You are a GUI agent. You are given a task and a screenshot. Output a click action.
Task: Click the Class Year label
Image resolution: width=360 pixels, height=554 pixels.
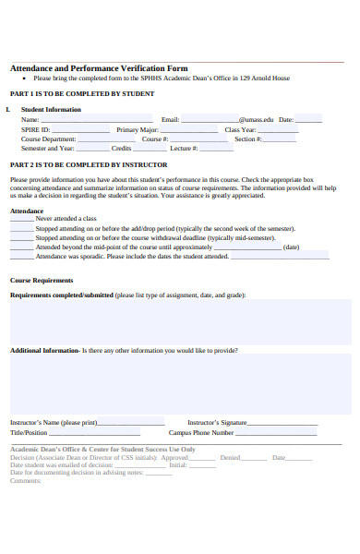click(x=241, y=130)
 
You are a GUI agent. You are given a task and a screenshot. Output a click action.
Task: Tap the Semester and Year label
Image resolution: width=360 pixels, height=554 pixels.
click(x=47, y=148)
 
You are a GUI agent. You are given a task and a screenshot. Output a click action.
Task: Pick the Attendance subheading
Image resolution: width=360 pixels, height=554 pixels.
click(x=26, y=211)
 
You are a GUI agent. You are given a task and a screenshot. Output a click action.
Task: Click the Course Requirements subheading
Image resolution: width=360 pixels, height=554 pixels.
click(x=41, y=280)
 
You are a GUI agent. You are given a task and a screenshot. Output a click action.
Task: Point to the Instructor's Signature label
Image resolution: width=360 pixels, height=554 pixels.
click(x=217, y=422)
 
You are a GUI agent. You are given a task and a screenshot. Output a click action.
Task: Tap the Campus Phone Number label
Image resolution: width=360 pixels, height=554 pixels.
click(x=201, y=432)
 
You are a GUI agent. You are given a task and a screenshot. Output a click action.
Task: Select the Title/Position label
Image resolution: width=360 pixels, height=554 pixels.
click(x=29, y=432)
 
